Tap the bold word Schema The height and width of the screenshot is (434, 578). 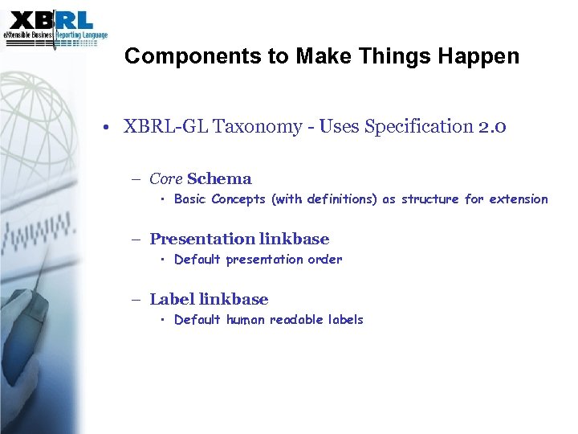tap(219, 179)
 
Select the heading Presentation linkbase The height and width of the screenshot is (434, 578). tap(239, 239)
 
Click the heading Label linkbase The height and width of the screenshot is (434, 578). tap(209, 299)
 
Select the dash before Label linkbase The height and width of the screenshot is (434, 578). tap(137, 300)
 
